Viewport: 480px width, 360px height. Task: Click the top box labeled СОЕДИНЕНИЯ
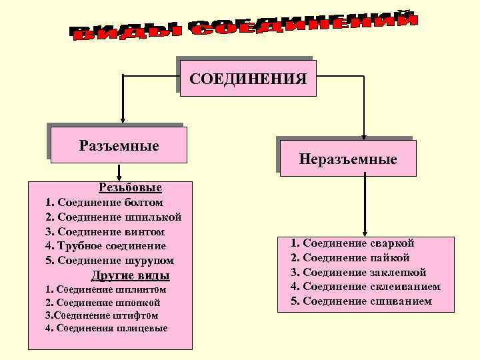coord(248,79)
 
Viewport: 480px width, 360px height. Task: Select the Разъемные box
coord(119,145)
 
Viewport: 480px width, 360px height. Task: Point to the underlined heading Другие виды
coord(130,275)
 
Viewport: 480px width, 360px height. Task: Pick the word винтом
coord(146,231)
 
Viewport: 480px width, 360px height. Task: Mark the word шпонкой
coord(137,303)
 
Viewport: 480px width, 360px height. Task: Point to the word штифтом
coord(135,315)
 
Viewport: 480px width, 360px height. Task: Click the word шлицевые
coord(143,328)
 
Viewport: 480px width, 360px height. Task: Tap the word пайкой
coord(389,257)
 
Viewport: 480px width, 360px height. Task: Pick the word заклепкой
coord(397,272)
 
